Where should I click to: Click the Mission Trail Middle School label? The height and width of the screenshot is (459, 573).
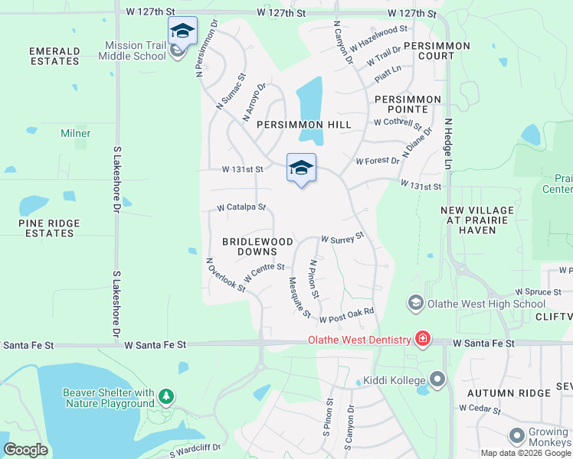(135, 50)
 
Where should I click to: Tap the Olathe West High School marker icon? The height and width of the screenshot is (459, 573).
(416, 304)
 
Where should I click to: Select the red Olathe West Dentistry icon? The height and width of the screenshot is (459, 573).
(422, 338)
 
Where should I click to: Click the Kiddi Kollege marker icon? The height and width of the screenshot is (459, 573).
(437, 379)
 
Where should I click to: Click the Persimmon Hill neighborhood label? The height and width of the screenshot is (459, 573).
(304, 124)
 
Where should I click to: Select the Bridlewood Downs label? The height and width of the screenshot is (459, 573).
(257, 246)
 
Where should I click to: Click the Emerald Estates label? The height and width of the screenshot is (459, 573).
(54, 56)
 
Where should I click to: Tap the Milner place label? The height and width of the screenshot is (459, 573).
(76, 133)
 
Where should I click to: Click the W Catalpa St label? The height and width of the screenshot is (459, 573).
(241, 207)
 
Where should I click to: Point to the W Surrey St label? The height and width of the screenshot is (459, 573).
(342, 239)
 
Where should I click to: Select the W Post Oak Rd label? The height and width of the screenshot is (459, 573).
(346, 315)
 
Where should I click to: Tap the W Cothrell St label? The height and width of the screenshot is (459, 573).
(398, 122)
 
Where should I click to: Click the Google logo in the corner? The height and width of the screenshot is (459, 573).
(26, 449)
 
